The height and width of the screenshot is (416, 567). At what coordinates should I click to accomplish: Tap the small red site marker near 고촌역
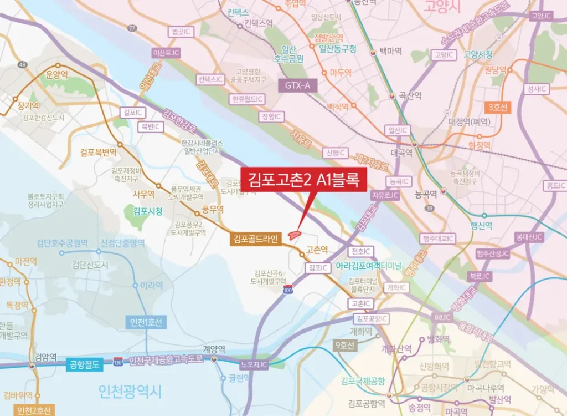(x=295, y=235)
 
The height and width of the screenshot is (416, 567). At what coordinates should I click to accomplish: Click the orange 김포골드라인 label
(x=256, y=239)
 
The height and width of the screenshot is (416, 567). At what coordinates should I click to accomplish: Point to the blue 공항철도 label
(x=84, y=364)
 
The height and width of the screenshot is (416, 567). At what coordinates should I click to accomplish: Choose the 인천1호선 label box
(x=146, y=322)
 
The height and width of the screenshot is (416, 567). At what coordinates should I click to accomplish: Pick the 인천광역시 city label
(x=130, y=392)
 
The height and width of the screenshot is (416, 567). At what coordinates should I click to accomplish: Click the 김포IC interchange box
(x=318, y=268)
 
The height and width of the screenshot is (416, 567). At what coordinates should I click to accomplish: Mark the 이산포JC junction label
(x=166, y=53)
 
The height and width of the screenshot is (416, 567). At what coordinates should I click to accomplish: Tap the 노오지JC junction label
(x=254, y=364)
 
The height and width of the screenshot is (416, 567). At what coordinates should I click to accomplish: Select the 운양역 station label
(x=56, y=74)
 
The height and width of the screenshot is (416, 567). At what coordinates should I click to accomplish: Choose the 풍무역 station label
(x=213, y=209)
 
